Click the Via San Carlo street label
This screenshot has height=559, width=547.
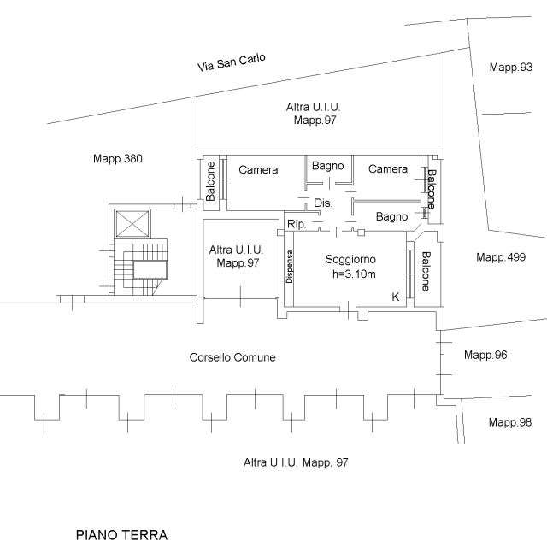click(232, 62)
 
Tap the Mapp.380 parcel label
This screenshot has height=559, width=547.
click(118, 159)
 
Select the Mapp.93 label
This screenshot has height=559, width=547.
click(511, 67)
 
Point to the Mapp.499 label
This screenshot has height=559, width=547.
click(501, 257)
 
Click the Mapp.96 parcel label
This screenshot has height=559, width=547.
click(485, 355)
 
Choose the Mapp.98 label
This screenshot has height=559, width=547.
click(510, 422)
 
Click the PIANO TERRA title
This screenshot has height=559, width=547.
click(121, 535)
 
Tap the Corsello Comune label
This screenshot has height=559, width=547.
click(232, 357)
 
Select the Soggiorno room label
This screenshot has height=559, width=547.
click(350, 259)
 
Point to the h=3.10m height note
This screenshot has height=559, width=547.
click(354, 274)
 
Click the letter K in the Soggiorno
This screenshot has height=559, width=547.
click(396, 297)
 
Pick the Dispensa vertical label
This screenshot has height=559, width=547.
click(290, 267)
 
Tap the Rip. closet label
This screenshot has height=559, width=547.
click(297, 224)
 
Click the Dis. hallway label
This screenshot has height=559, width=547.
click(323, 203)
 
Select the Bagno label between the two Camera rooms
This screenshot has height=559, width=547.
click(327, 166)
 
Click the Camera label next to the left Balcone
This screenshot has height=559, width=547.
click(258, 170)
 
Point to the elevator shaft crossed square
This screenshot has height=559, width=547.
click(132, 224)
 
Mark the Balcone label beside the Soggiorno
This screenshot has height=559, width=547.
click(426, 271)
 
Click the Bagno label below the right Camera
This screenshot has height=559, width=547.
click(392, 217)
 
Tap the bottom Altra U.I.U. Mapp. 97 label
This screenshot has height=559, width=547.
click(296, 462)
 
